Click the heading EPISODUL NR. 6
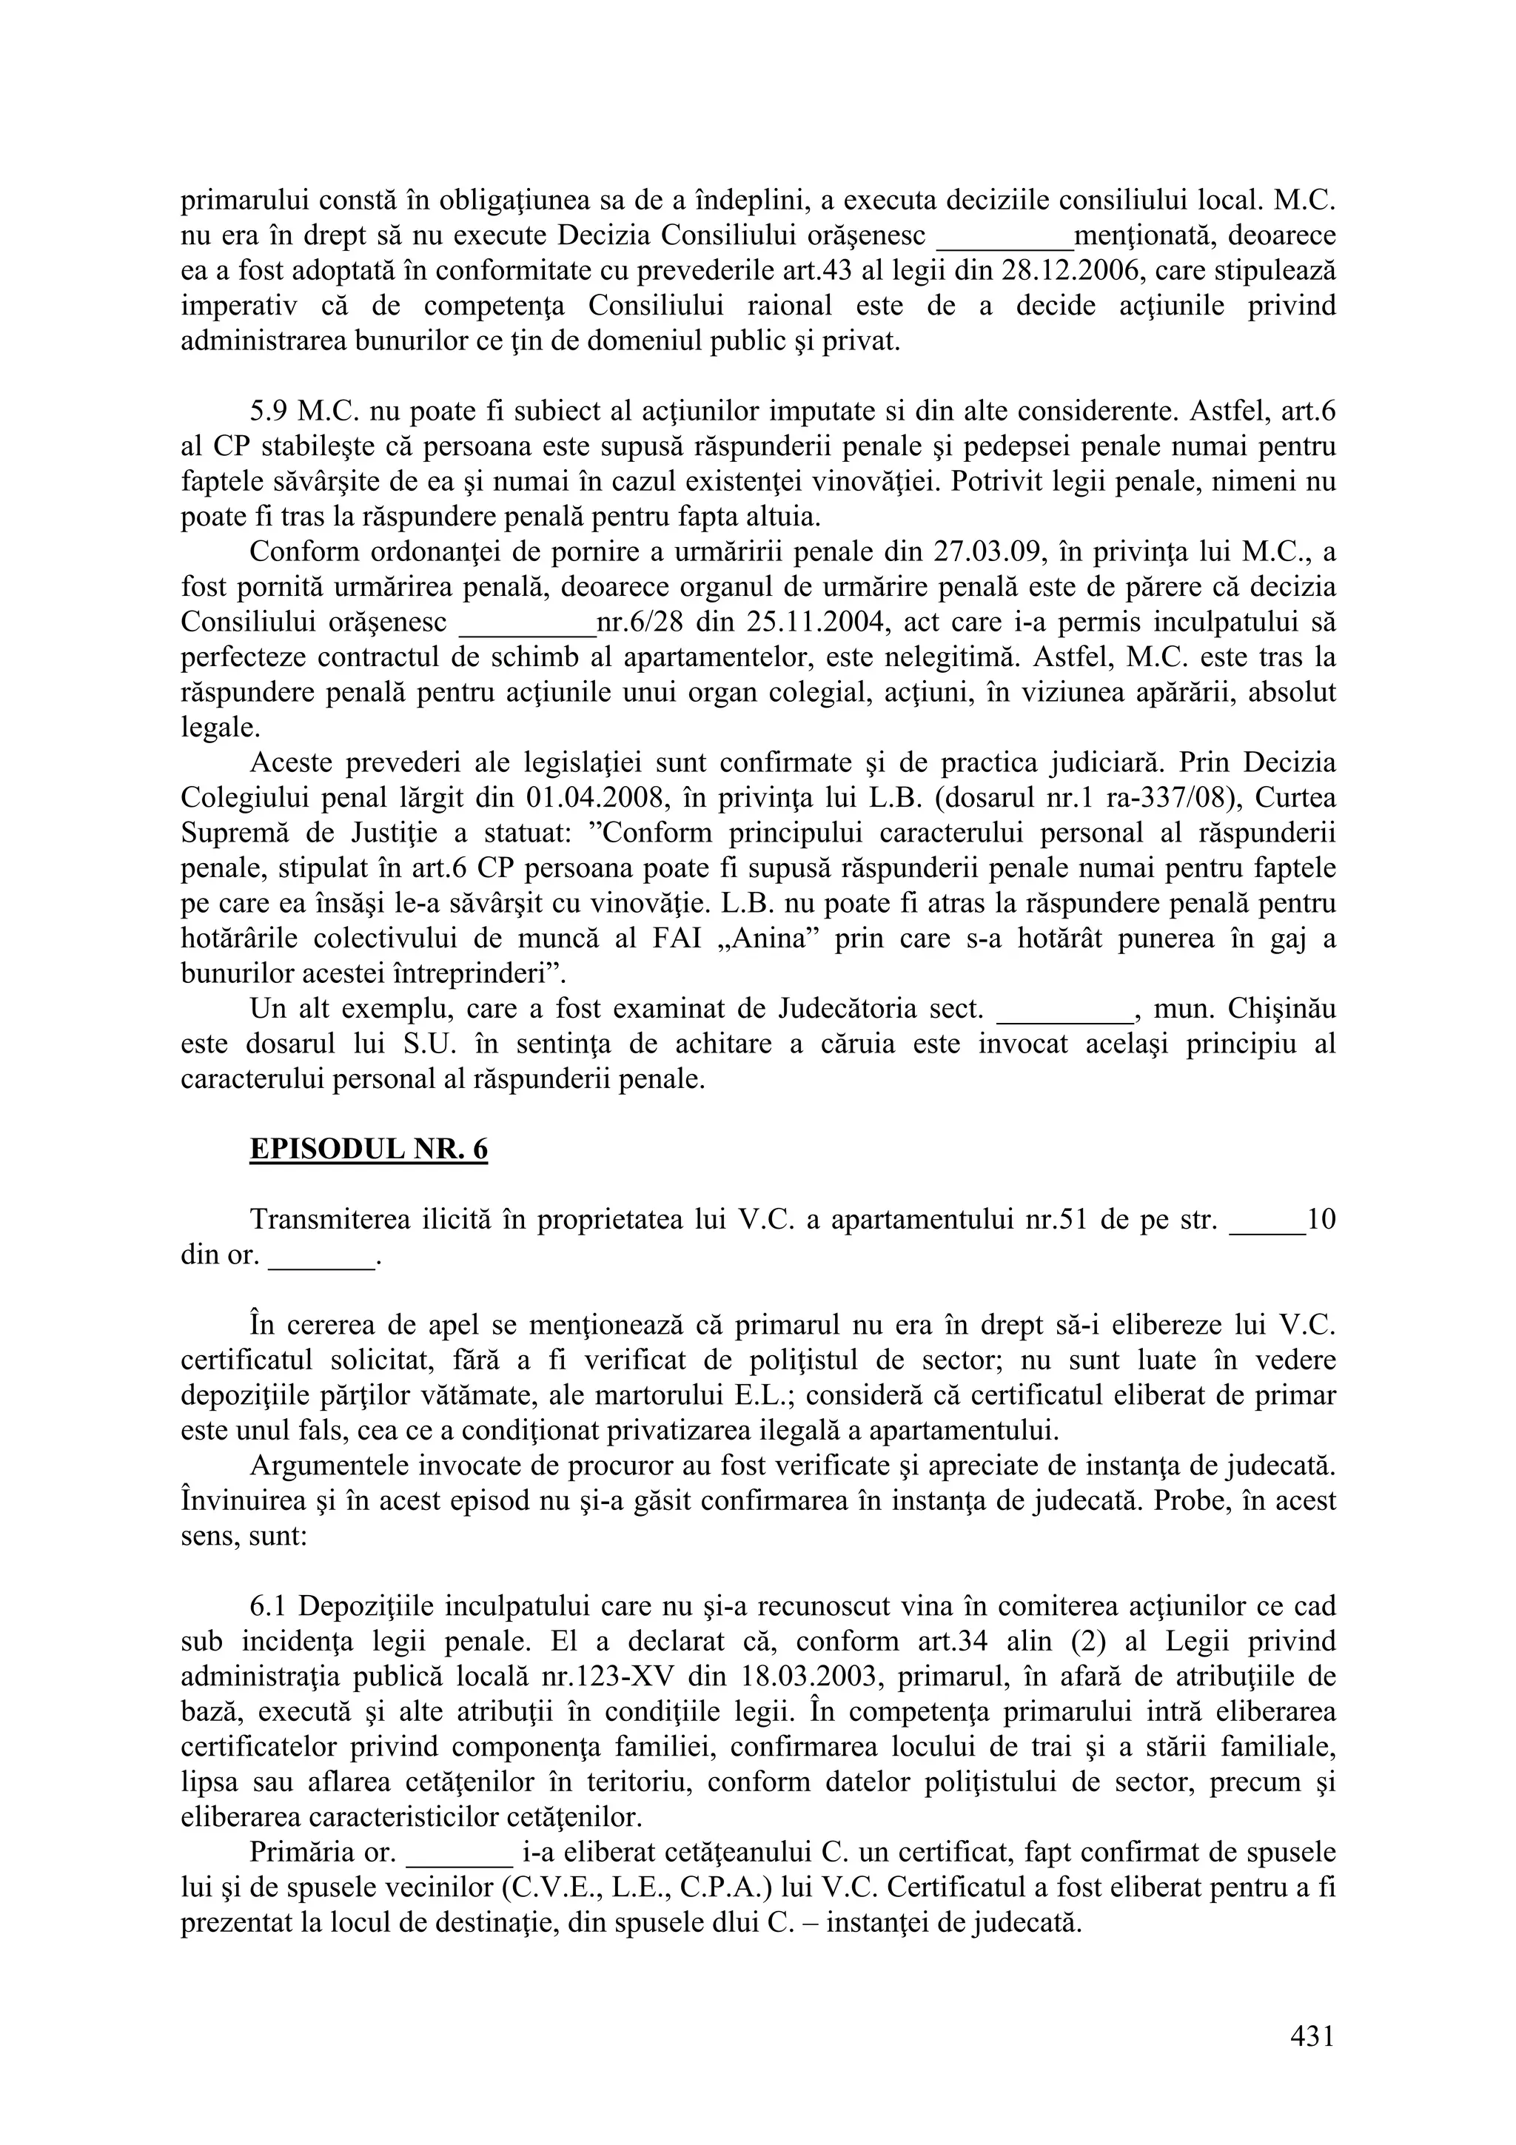(369, 1149)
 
